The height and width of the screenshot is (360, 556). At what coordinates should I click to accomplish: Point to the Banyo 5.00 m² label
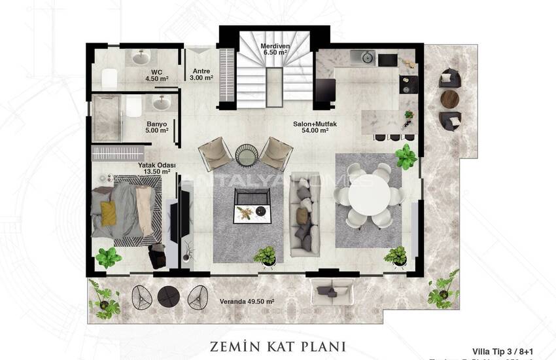157,126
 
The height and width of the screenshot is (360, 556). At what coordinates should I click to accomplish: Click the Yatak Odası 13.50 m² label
154,169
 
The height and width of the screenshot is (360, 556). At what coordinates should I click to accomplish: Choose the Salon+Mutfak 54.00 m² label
311,127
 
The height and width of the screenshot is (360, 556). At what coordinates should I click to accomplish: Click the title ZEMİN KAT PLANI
277,345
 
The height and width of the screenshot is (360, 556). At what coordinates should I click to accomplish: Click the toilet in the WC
109,77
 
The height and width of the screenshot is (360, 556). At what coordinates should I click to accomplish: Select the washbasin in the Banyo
159,103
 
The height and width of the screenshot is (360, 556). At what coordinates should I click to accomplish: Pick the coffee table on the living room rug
252,204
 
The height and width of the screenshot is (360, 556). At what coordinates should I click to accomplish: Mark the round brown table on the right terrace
449,99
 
